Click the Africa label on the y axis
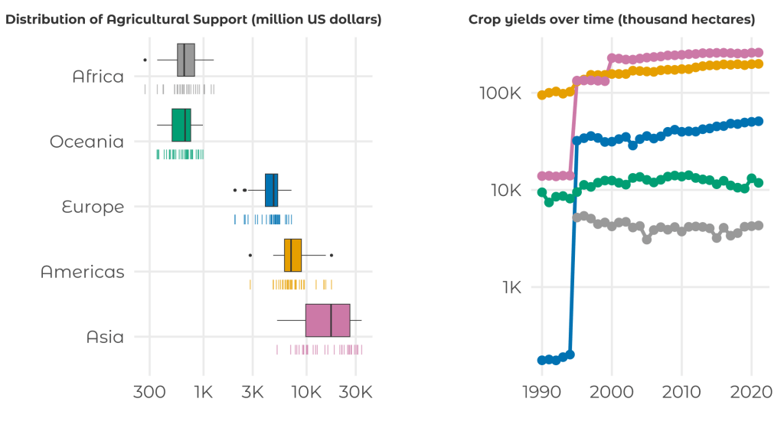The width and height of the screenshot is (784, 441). pos(98,77)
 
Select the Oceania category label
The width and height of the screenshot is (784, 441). pos(87,142)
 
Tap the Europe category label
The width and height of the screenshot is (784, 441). pos(92,207)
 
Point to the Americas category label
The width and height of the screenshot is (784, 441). pos(83,272)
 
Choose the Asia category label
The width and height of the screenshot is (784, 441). pos(105,337)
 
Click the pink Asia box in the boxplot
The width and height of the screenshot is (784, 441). pos(328,320)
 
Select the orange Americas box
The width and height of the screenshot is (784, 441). pos(292,255)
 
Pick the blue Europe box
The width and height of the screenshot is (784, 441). pos(271,190)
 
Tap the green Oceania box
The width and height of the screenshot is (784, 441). pos(181,125)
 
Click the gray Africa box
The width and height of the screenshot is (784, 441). pos(186,60)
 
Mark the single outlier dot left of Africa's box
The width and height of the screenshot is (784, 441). pos(145,60)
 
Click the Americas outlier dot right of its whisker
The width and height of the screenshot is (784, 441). pos(331,255)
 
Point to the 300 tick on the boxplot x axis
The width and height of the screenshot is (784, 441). pos(149,393)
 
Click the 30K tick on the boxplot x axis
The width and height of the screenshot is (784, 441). pos(355,393)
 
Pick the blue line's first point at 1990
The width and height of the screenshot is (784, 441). pos(542,360)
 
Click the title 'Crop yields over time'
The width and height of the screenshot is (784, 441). pos(612,19)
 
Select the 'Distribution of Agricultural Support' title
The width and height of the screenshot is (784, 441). pos(194,19)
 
